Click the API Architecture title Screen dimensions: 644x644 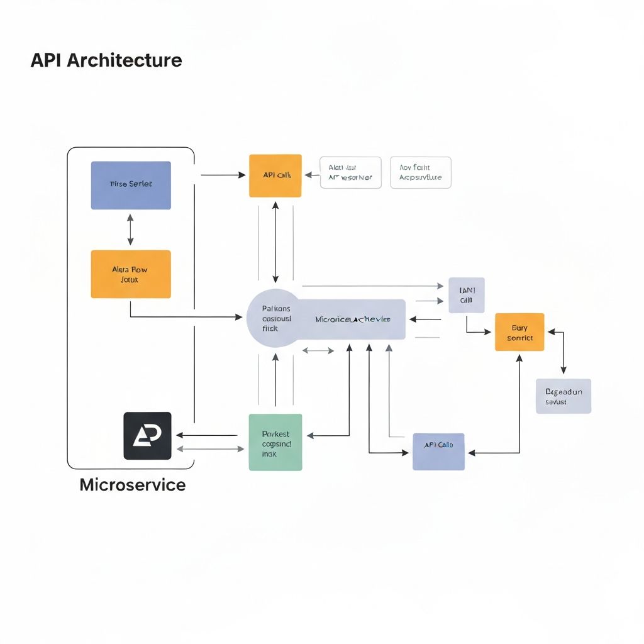point(106,60)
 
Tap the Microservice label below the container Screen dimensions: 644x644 point(133,485)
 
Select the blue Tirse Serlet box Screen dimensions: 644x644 point(131,185)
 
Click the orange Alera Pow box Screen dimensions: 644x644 point(131,274)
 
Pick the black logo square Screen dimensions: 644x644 point(147,436)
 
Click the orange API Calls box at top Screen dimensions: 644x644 point(275,175)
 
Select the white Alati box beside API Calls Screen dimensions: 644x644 point(350,173)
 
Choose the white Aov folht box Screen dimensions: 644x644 point(420,172)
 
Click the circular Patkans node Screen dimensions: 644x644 point(275,318)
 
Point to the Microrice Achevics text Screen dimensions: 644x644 point(352,319)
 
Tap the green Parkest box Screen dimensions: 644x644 point(275,442)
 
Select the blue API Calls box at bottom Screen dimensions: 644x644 point(438,452)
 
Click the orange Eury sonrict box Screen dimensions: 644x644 point(519,332)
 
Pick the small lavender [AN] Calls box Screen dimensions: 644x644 point(466,295)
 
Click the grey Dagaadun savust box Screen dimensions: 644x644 point(563,396)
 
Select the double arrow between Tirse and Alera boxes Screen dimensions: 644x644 point(130,230)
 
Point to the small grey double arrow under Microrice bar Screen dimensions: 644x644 point(318,350)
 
